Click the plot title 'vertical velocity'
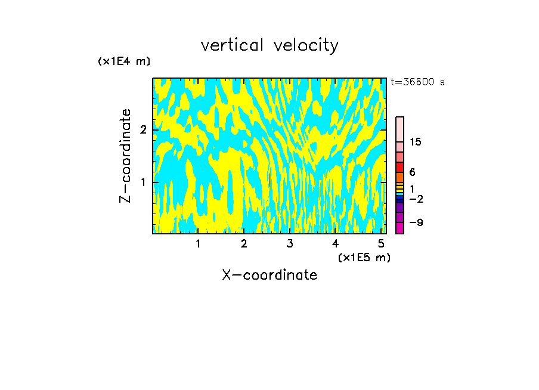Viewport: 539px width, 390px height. pos(269,45)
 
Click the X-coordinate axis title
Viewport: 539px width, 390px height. pos(269,275)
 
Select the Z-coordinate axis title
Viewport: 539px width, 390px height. pos(125,156)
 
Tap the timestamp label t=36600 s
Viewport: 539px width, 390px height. pos(417,82)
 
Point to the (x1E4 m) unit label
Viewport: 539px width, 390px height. pos(124,61)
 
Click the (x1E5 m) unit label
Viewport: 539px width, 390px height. pos(364,257)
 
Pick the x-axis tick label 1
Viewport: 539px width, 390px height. pos(199,244)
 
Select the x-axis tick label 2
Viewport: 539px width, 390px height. pos(244,244)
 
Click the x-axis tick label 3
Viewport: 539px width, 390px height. pos(290,244)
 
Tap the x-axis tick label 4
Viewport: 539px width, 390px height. pos(335,244)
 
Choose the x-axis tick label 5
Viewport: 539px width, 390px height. pos(381,244)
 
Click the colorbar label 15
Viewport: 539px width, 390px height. pos(416,142)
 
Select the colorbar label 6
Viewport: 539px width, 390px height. pos(412,172)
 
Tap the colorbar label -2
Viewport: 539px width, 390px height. pos(416,199)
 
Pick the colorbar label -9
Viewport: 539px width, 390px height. pos(416,222)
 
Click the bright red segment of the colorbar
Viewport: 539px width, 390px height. pos(399,167)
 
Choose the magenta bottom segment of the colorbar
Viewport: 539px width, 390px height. pos(399,228)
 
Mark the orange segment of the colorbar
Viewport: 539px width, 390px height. pos(399,177)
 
